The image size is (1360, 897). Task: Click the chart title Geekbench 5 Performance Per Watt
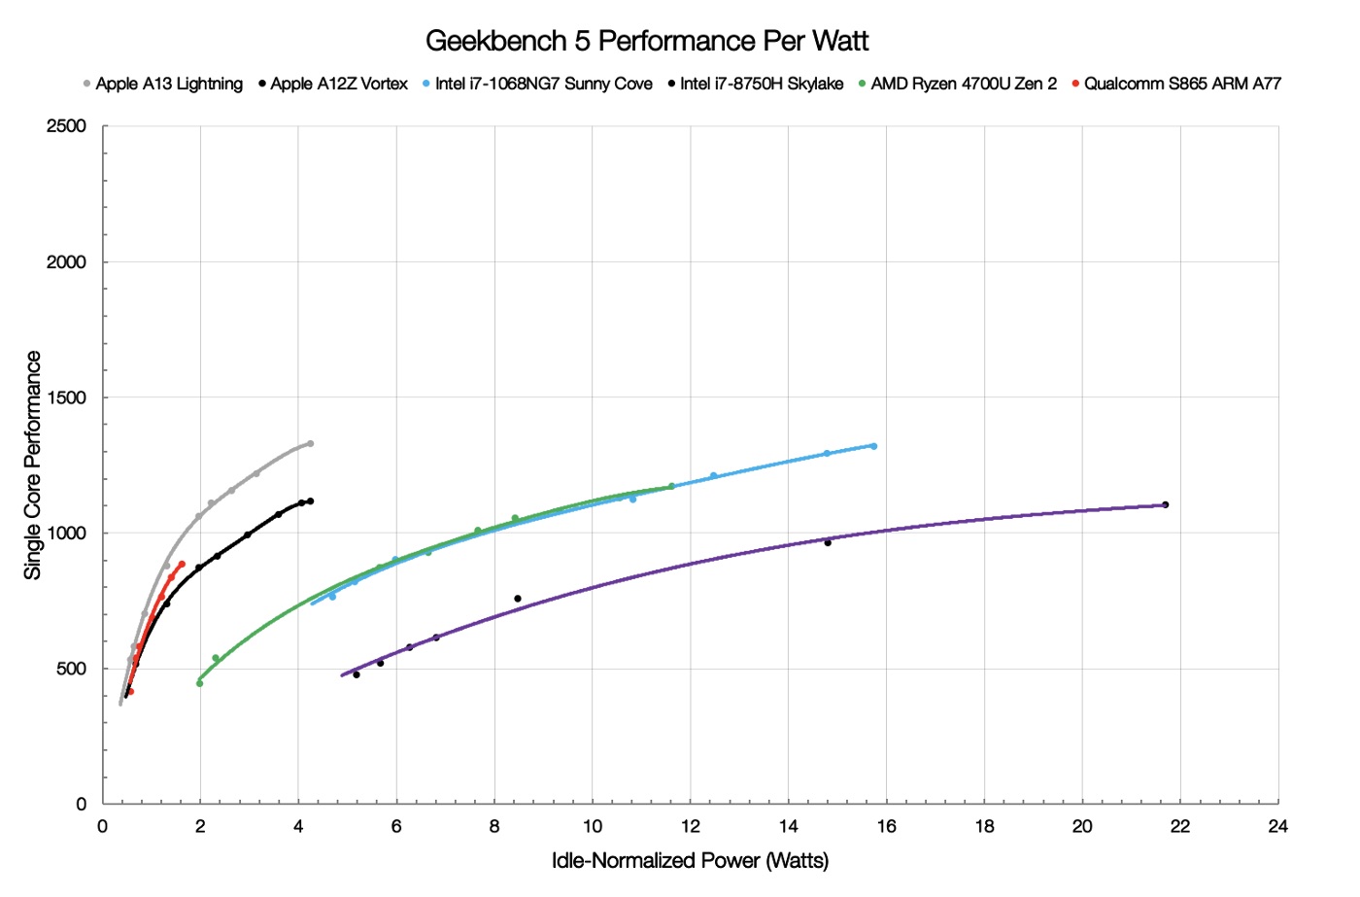[647, 41]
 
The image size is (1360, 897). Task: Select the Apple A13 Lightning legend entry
[168, 84]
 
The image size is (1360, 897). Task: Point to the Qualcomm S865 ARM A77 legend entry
[1181, 84]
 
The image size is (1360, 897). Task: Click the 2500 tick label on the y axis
[66, 126]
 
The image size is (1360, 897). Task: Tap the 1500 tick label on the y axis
[66, 397]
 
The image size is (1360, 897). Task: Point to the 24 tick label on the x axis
[1277, 826]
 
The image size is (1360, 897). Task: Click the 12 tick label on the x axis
[690, 826]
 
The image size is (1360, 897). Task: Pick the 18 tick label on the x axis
[984, 826]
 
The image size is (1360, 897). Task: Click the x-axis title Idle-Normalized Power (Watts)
[690, 861]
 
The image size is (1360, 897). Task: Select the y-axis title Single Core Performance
[33, 465]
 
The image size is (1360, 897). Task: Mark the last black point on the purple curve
[1165, 504]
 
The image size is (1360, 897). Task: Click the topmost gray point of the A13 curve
[310, 443]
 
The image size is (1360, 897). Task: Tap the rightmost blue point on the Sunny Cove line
[873, 446]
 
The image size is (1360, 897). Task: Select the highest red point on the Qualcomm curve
[182, 565]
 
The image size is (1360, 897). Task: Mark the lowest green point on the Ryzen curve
[199, 683]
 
